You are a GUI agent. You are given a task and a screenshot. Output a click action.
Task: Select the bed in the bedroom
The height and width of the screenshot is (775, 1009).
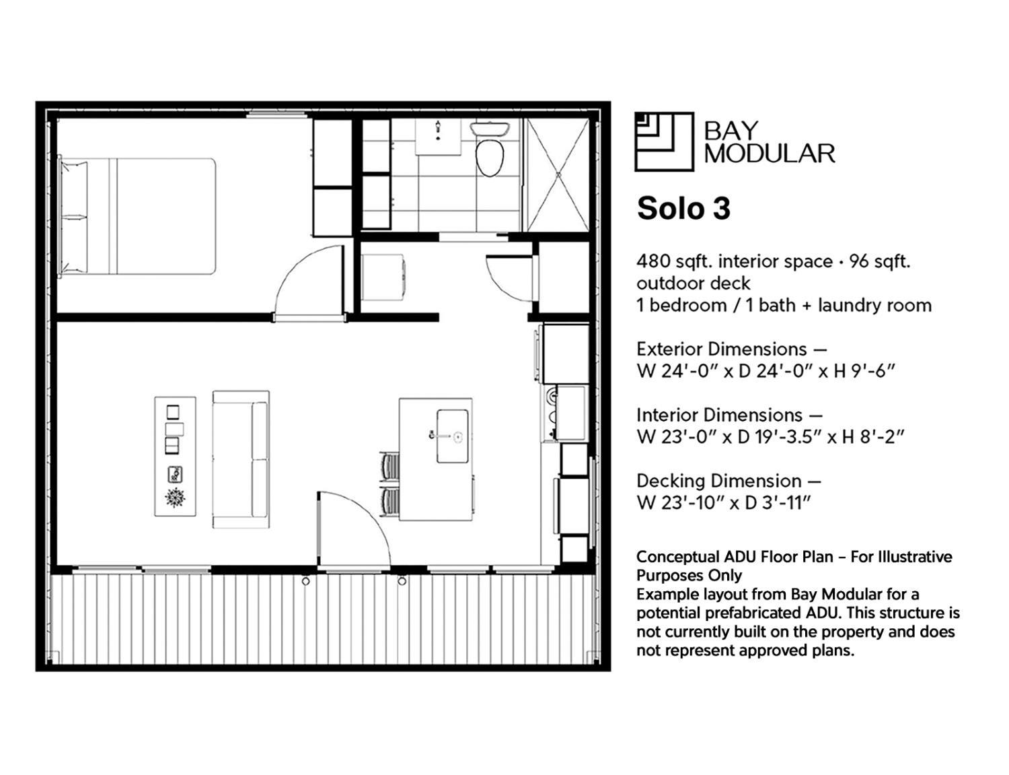138,216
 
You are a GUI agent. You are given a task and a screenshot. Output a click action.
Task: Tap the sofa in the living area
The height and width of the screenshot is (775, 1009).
241,459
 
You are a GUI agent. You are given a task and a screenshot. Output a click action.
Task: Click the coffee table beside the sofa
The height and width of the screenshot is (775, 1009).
175,457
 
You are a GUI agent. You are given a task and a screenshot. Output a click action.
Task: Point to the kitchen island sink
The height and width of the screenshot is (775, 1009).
453,436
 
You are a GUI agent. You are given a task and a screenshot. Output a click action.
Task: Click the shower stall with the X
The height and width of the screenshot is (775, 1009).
558,174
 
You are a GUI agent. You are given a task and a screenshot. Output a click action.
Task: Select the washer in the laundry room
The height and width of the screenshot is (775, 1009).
382,277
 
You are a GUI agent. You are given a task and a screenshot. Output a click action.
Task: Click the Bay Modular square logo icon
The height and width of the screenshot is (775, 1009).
664,141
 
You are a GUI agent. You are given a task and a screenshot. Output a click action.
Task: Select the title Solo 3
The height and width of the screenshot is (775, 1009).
683,209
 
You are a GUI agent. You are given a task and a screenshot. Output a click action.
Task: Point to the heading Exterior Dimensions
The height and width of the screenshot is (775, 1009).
722,349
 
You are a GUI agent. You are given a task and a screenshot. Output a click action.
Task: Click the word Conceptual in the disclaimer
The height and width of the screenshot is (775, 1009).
678,557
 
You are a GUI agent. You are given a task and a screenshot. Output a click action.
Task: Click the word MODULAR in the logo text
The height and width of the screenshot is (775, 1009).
770,154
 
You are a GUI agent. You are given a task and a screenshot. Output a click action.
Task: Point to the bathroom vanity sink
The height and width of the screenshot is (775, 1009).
438,135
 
